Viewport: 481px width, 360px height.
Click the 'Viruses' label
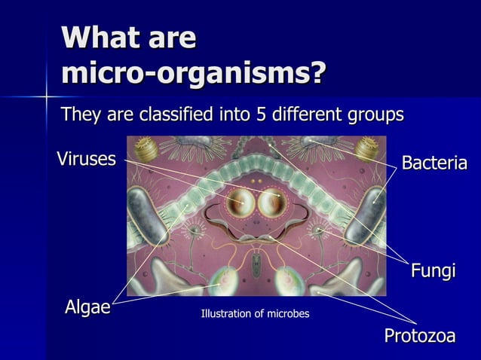click(x=87, y=159)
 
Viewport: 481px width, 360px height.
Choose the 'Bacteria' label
click(x=434, y=163)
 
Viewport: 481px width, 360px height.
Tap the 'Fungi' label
click(x=433, y=271)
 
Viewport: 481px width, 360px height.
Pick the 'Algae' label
click(x=87, y=307)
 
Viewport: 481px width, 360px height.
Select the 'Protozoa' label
click(x=420, y=336)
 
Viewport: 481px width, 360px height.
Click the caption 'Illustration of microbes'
click(x=255, y=313)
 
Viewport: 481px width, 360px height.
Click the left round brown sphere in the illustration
click(x=241, y=202)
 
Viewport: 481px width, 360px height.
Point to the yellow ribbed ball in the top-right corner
click(x=366, y=147)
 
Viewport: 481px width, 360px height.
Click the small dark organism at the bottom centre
click(x=257, y=264)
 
